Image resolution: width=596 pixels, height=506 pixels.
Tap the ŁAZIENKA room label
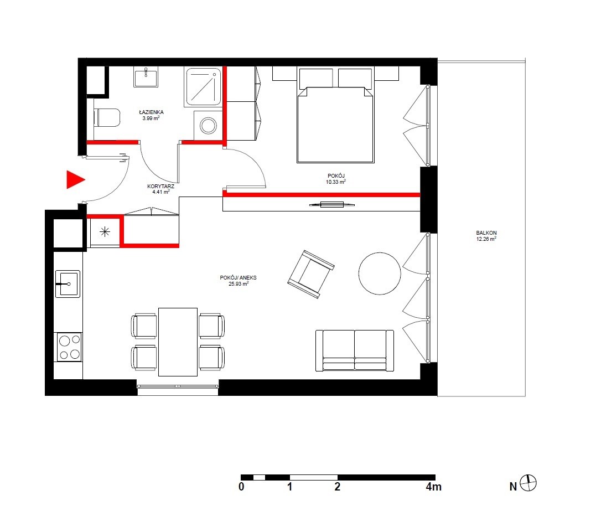(151, 112)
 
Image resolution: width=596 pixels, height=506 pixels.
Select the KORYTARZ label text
(161, 186)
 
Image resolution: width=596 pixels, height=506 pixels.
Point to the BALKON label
(486, 233)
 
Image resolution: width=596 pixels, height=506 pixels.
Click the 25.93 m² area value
(239, 283)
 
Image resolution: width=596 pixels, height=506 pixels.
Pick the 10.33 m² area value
(335, 182)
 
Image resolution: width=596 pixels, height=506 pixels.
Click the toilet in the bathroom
(107, 118)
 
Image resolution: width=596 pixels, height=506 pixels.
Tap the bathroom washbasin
(146, 77)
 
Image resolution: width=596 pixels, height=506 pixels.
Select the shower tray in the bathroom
(203, 87)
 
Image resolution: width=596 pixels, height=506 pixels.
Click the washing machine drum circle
(208, 126)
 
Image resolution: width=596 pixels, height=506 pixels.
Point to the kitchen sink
(68, 283)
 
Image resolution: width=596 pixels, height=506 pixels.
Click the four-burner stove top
(69, 347)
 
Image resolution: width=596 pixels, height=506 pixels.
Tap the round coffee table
(379, 273)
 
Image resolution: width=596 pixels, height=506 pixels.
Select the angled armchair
(311, 274)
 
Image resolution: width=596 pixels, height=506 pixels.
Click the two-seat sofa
(355, 350)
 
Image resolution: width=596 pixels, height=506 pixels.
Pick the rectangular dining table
(178, 342)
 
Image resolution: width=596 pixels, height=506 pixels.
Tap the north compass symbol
(528, 483)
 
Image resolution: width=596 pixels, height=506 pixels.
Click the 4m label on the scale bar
(434, 487)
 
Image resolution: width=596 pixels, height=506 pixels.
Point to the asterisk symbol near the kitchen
(105, 231)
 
